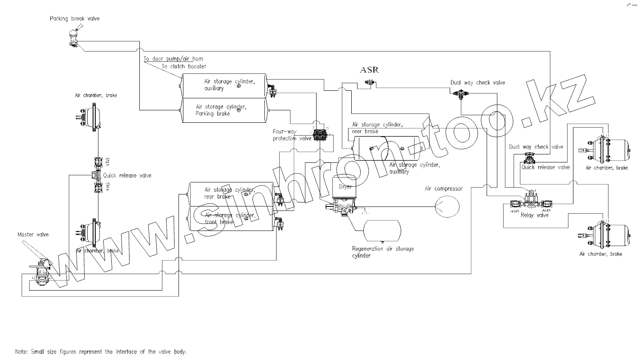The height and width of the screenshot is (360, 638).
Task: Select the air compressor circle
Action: [x=447, y=206]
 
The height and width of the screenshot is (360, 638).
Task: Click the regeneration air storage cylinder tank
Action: [x=382, y=229]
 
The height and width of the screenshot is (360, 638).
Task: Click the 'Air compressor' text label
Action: [x=443, y=189]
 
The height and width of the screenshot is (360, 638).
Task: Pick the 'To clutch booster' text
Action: [x=183, y=66]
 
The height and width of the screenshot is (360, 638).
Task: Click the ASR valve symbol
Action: [x=369, y=81]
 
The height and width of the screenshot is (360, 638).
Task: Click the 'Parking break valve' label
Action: [x=75, y=19]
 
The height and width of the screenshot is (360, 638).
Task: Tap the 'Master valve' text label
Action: [x=33, y=234]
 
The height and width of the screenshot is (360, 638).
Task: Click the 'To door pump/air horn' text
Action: [x=174, y=59]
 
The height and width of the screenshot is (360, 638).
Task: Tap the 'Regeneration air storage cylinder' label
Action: [x=382, y=252]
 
